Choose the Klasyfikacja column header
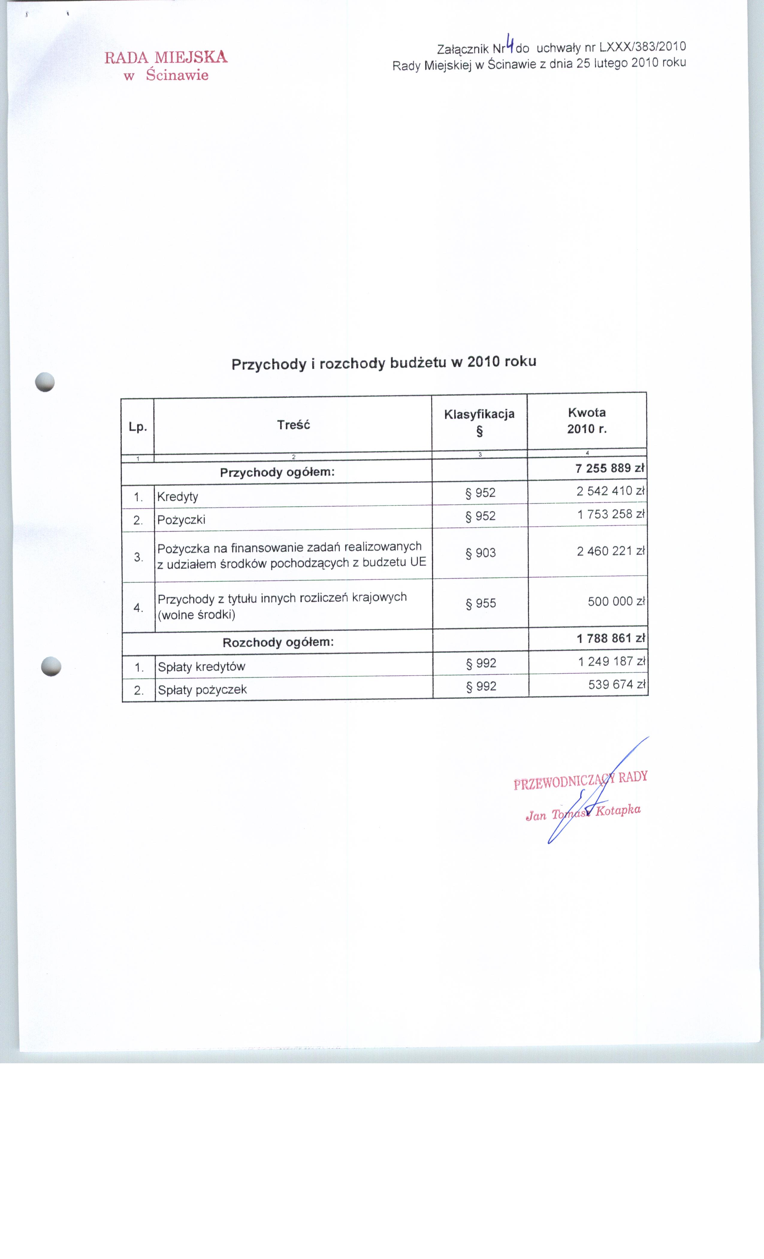[479, 414]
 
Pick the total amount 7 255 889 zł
[610, 468]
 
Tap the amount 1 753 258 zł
[611, 514]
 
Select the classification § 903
[481, 553]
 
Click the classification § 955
[481, 603]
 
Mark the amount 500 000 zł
[616, 601]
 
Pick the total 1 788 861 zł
[611, 638]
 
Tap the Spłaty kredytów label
[202, 667]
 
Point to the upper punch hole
[45, 382]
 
